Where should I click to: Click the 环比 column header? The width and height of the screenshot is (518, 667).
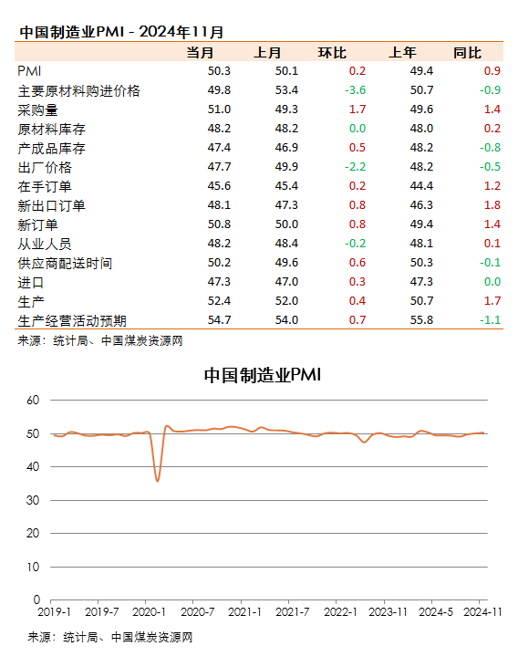coord(332,53)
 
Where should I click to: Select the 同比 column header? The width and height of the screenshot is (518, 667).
coord(467,53)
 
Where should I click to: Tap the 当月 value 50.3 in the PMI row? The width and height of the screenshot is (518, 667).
coord(219,71)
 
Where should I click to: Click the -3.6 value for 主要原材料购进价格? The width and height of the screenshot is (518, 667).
coord(355,90)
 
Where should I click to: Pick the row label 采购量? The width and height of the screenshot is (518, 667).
coord(38,110)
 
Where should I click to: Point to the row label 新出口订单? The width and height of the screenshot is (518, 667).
coord(51,206)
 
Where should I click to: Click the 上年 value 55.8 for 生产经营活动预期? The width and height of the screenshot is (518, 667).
coord(421,320)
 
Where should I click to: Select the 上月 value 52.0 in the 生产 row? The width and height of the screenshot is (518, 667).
coord(286,301)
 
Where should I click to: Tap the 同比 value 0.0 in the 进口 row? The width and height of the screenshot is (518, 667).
coord(492,282)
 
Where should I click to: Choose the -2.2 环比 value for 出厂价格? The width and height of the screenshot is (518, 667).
coord(355,167)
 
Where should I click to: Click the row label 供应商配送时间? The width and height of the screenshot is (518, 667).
coord(65,264)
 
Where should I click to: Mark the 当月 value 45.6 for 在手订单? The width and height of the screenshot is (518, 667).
coord(219,186)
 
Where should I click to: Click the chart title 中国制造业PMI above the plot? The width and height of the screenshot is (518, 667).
coord(263,375)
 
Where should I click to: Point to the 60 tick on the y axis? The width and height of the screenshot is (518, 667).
coord(33,400)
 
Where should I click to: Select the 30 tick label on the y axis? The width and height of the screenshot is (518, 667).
coord(33,500)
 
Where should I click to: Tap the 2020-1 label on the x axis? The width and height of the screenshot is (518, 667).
coord(149,612)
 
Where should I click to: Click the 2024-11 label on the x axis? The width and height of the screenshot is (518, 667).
coord(482,612)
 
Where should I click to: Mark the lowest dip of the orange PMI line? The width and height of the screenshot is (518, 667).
coord(158,481)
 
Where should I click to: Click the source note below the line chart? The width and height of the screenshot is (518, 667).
coord(110,637)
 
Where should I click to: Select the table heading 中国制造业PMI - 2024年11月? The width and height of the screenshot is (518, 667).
coord(121,32)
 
